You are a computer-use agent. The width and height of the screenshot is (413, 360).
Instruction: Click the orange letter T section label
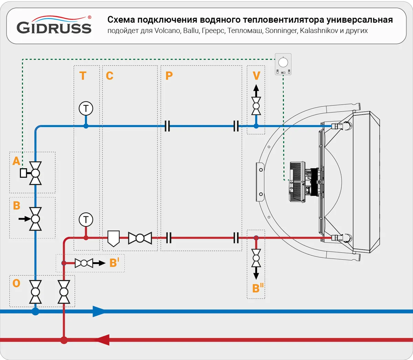(83, 76)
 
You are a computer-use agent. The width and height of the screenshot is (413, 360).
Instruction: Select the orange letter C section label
(109, 76)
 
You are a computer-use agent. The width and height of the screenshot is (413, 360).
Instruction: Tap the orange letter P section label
(169, 76)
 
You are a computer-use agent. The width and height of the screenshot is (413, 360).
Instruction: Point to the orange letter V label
(256, 76)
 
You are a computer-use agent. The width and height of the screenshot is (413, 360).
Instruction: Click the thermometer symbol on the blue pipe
(86, 108)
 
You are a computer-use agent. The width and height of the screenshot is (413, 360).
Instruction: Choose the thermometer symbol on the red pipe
(86, 220)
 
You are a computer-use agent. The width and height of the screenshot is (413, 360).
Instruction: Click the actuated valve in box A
(35, 173)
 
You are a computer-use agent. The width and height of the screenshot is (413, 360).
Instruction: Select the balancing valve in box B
(35, 219)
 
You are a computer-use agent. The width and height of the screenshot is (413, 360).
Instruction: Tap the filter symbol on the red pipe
(113, 238)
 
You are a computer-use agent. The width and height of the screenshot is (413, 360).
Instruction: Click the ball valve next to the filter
(140, 238)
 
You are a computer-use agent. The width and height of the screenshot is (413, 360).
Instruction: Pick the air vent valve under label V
(256, 106)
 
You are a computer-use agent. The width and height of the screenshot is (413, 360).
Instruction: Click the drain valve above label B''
(256, 258)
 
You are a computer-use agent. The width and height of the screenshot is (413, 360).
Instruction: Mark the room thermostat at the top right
(283, 64)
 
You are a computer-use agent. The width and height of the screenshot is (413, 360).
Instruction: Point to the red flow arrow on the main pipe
(102, 340)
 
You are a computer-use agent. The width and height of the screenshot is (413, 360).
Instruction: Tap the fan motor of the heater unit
(303, 181)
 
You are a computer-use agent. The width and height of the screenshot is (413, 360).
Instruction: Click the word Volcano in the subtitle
(167, 31)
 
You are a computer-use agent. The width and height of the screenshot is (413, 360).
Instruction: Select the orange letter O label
(16, 283)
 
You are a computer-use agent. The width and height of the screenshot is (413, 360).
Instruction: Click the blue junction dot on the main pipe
(35, 311)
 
